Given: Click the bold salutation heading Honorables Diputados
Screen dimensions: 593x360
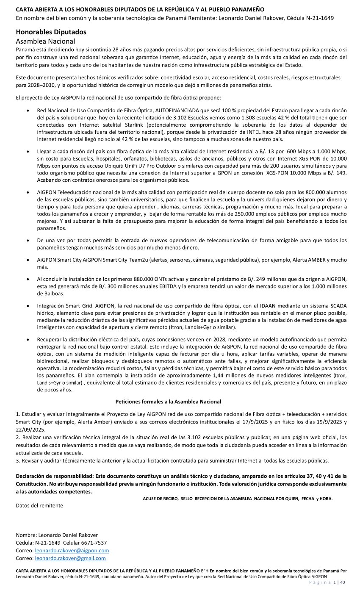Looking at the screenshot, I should pyautogui.click(x=51, y=32).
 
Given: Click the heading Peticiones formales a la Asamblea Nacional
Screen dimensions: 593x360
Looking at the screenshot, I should pyautogui.click(x=168, y=402).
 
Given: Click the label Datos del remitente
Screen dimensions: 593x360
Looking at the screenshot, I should pyautogui.click(x=39, y=505).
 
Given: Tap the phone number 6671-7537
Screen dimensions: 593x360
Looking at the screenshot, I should pyautogui.click(x=95, y=543).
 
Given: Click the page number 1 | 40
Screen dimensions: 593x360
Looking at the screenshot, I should pyautogui.click(x=340, y=583).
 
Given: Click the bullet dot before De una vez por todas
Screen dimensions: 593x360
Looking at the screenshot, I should pyautogui.click(x=28, y=241).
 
